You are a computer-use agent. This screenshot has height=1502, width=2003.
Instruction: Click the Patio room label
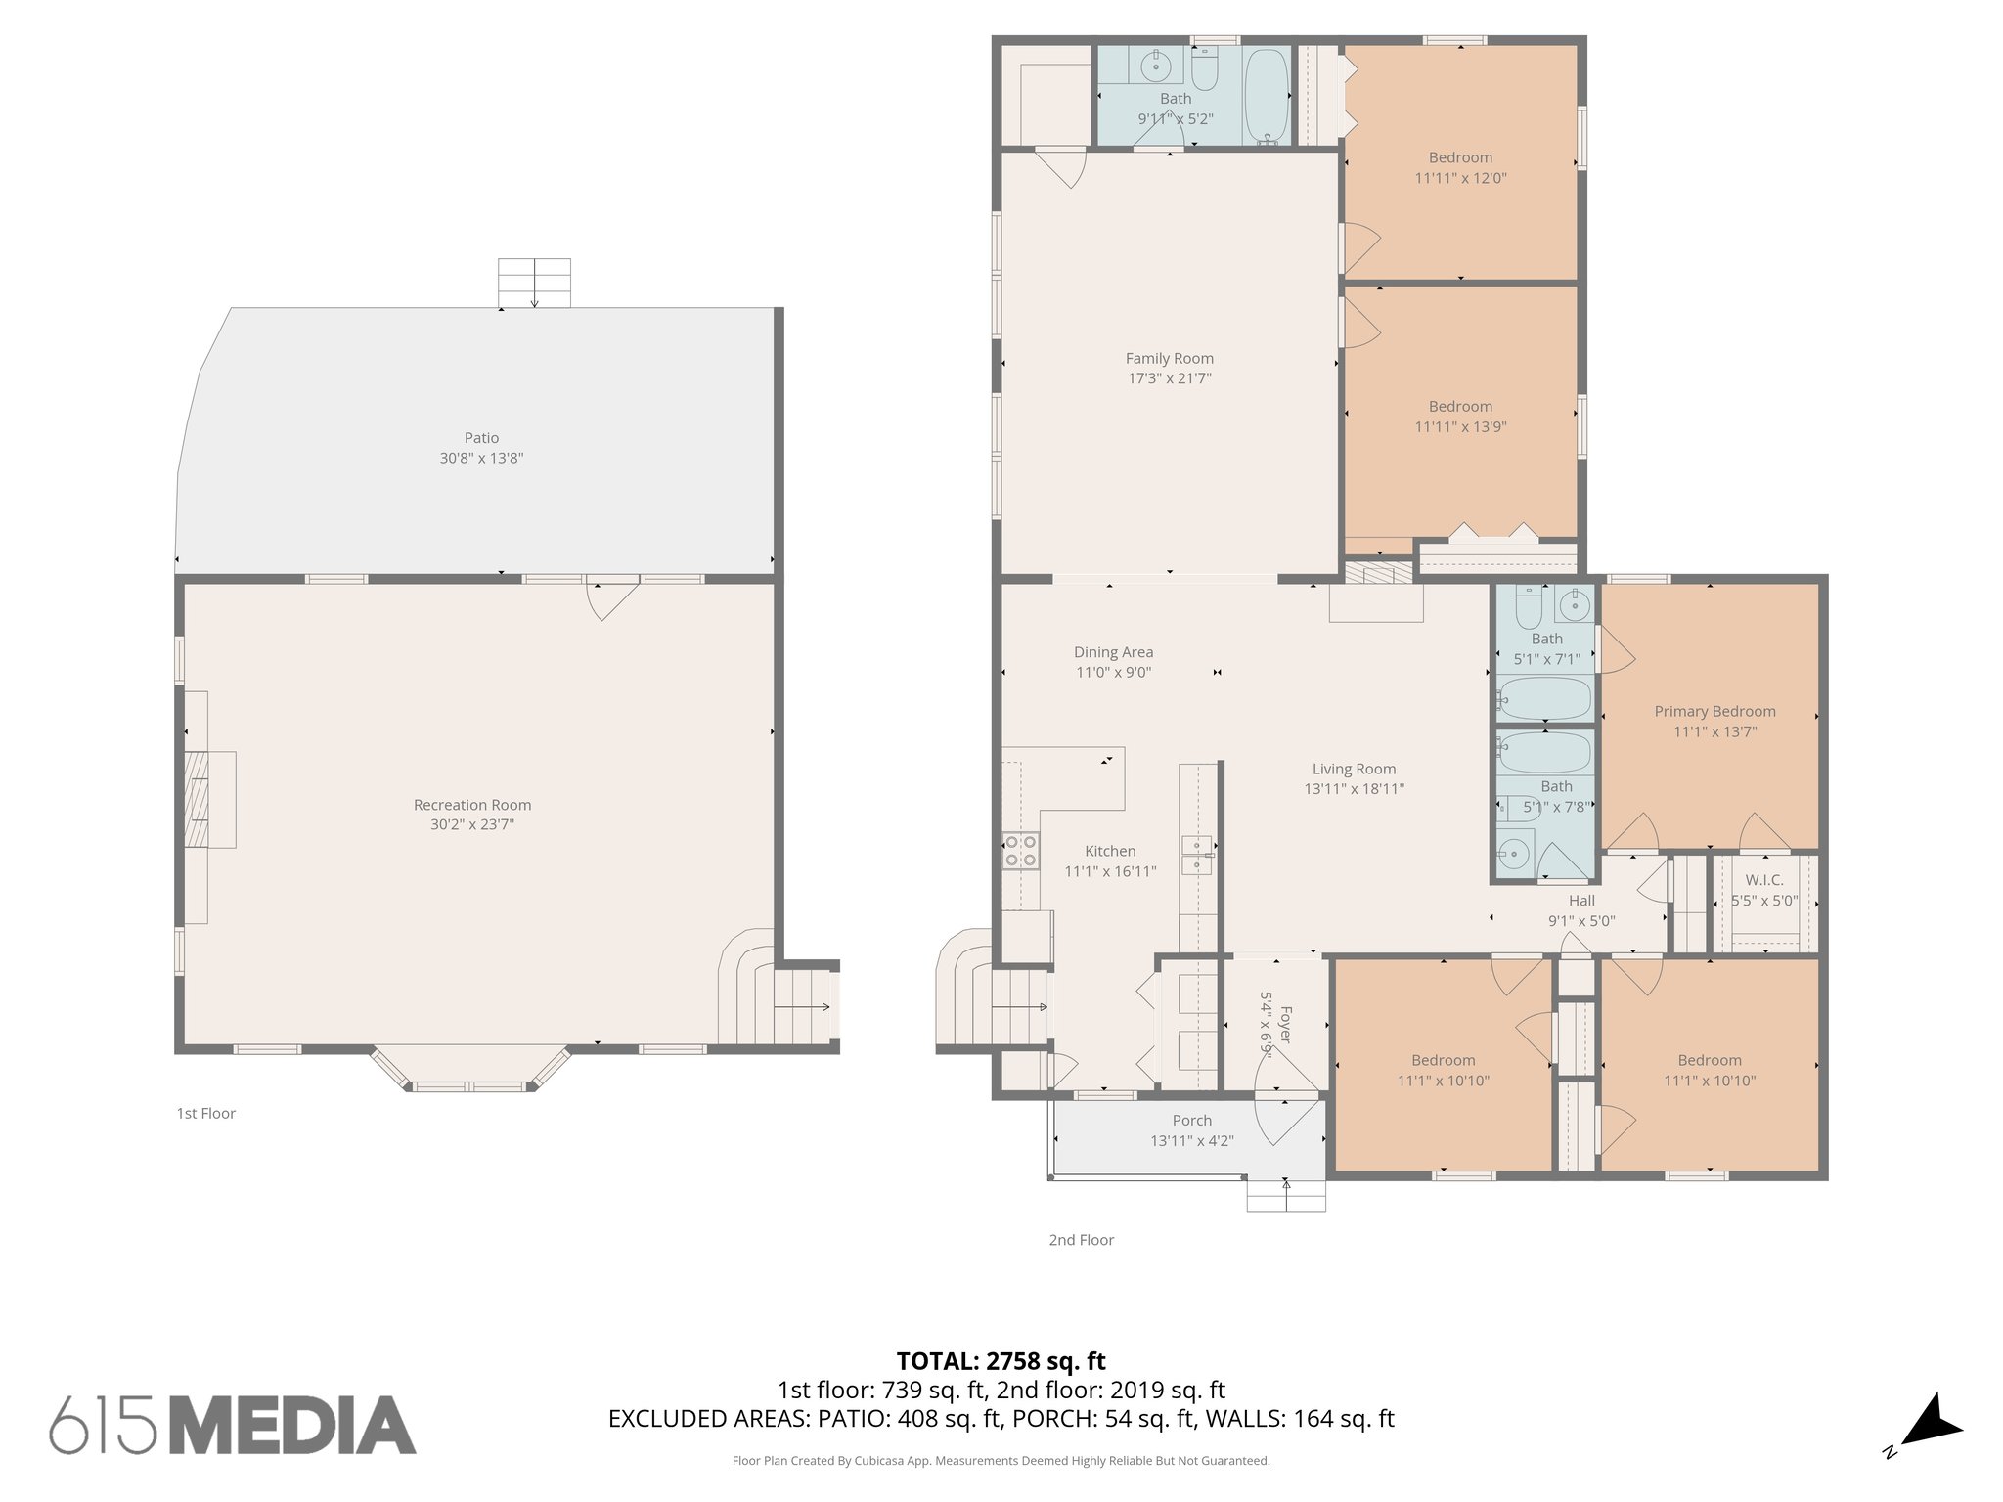481,438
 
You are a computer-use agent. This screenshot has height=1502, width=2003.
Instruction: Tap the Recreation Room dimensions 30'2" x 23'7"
471,824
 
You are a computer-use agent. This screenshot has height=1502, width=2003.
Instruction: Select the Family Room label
1169,359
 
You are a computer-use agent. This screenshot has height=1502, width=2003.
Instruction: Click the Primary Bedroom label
1714,712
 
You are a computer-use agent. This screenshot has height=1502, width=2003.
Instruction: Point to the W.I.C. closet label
1763,880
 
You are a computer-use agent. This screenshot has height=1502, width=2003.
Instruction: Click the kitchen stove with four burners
1020,850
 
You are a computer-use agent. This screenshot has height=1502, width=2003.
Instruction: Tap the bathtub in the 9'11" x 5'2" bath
1268,95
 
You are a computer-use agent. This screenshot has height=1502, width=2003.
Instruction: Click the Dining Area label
1113,652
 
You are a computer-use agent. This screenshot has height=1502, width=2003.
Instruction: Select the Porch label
1191,1121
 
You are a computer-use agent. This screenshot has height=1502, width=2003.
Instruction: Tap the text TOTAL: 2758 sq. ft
1001,1361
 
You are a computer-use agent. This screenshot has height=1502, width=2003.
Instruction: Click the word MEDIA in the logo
293,1425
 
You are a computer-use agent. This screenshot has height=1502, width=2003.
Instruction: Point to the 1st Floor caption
205,1113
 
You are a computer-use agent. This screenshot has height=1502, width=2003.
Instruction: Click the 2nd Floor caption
1081,1240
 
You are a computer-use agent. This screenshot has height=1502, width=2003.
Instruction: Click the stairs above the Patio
534,283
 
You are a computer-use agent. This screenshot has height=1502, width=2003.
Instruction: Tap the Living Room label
1354,770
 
